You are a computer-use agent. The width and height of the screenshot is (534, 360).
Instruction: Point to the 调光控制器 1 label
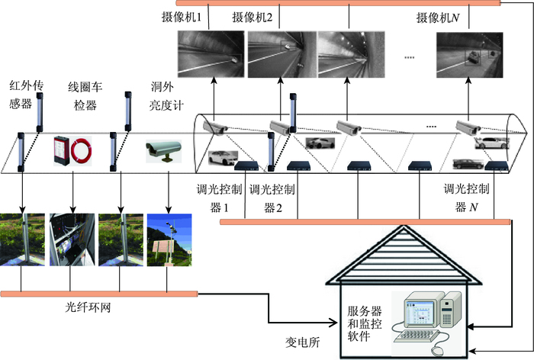pos(218,198)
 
